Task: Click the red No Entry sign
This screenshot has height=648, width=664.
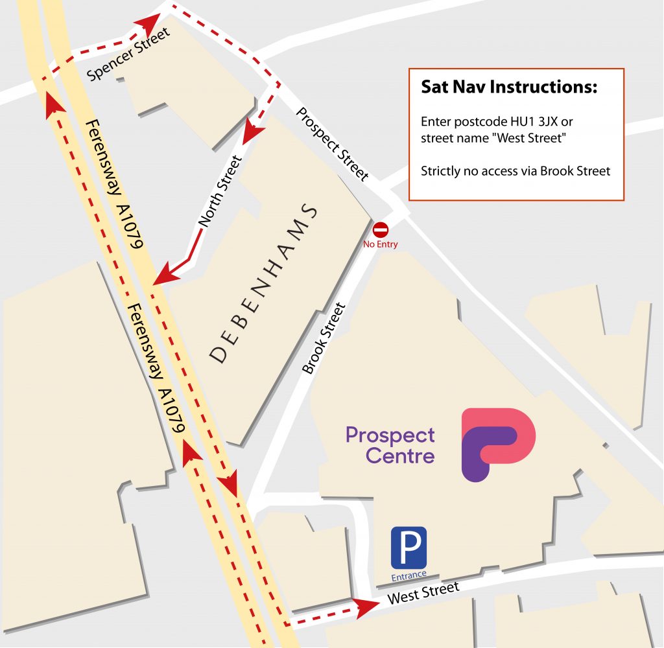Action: click(381, 230)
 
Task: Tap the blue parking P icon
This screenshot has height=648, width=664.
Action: click(409, 548)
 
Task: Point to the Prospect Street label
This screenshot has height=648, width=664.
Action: click(332, 144)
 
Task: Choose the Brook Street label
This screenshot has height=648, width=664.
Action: click(324, 338)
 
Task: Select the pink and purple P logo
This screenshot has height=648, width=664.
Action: click(497, 443)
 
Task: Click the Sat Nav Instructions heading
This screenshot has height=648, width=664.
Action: click(509, 87)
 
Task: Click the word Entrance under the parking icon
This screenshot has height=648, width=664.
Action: click(409, 575)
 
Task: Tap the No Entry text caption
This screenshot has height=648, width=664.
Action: click(381, 244)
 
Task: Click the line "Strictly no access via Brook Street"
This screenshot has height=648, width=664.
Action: click(516, 172)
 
